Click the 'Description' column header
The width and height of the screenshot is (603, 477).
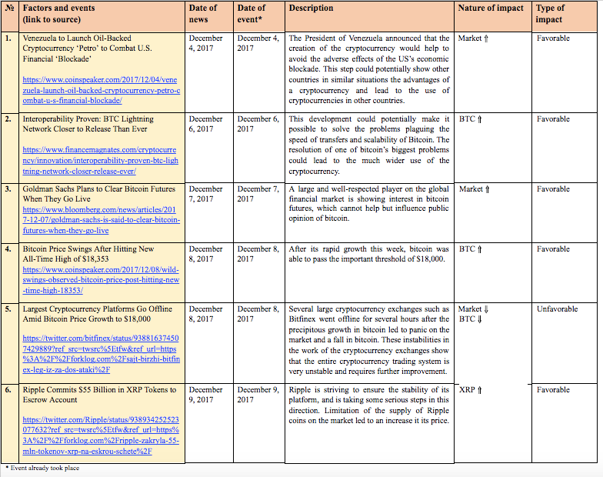tap(311, 8)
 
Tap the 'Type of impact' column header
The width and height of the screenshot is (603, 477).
tap(549, 14)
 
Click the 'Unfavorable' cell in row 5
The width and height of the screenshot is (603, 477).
tap(557, 309)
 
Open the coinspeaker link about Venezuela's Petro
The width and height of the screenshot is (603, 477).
tap(102, 90)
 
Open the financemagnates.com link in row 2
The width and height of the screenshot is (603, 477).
tap(101, 160)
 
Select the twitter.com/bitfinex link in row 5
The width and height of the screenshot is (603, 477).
tap(101, 349)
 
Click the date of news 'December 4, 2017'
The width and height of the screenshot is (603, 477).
tap(205, 43)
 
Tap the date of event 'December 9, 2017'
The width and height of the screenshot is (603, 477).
tap(258, 395)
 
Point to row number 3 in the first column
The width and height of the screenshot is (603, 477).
tap(8, 188)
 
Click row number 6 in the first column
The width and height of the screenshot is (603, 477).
tap(8, 390)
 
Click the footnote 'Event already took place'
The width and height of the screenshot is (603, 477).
tap(44, 468)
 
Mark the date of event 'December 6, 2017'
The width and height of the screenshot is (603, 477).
tap(258, 124)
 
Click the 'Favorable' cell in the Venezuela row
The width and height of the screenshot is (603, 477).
tap(554, 38)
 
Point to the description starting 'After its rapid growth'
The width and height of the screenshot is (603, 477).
tap(367, 254)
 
